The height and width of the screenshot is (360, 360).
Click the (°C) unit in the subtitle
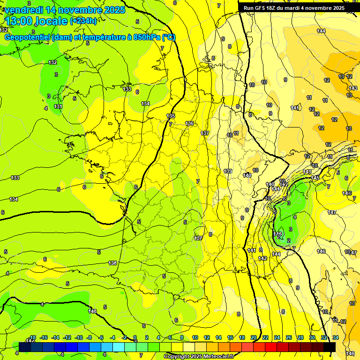point(169,37)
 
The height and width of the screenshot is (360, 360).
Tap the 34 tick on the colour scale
point(336,337)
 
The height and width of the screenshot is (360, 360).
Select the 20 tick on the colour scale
point(254,337)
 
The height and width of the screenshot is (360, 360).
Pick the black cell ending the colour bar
point(330,347)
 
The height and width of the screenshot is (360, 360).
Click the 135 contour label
point(171,116)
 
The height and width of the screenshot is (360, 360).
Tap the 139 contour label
point(228,171)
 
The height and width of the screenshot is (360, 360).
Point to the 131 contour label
point(58,106)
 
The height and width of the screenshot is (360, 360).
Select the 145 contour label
point(315,178)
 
